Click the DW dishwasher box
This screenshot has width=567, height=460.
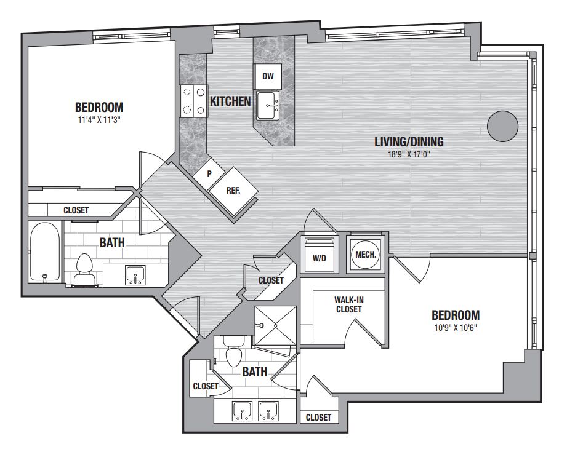[x=268, y=76]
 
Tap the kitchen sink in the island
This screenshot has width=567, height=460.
[x=268, y=106]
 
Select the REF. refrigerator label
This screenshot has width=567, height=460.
[x=233, y=191]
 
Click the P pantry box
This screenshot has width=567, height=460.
[x=209, y=174]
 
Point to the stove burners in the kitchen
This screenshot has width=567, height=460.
[x=194, y=101]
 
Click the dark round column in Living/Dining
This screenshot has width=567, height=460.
[x=502, y=126]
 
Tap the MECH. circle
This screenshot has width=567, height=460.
[x=366, y=255]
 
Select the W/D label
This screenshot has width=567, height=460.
[x=320, y=258]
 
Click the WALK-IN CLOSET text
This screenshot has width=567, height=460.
[x=349, y=304]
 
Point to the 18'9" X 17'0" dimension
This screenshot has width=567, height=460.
[x=409, y=154]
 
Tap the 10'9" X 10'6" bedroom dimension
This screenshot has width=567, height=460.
[x=456, y=328]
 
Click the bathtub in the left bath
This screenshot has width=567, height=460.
[x=45, y=252]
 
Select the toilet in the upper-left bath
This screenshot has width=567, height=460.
[x=85, y=269]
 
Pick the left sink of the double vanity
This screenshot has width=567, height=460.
[x=242, y=411]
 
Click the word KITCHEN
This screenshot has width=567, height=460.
[x=230, y=101]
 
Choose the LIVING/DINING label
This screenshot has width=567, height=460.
[x=409, y=141]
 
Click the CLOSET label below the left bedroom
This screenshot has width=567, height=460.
[x=76, y=210]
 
